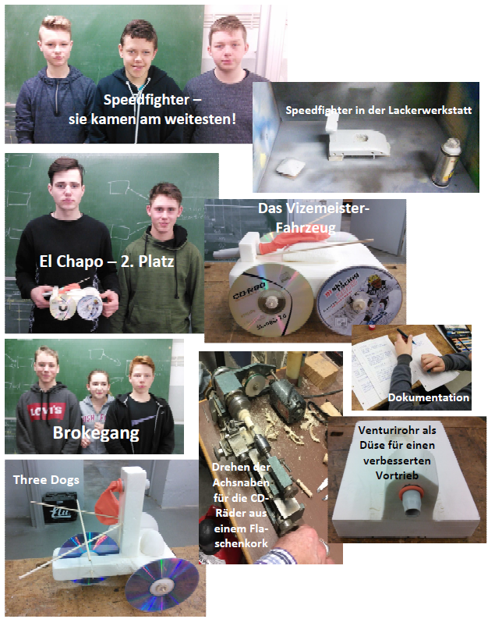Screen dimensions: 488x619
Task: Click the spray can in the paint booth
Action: point(448,162)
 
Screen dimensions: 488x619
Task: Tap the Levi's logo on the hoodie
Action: point(47,411)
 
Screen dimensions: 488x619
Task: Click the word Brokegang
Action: point(96,433)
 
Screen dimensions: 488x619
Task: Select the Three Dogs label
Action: point(46,479)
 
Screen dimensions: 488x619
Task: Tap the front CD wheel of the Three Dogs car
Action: point(161,584)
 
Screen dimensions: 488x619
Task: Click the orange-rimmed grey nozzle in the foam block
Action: point(411,500)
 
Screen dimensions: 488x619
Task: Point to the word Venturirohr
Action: point(397,430)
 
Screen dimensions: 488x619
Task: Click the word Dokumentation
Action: point(429,397)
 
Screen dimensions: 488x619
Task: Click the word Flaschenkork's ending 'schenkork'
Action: point(241,543)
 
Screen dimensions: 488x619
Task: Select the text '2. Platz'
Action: point(147,261)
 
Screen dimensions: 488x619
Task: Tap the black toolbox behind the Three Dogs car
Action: point(60,507)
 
